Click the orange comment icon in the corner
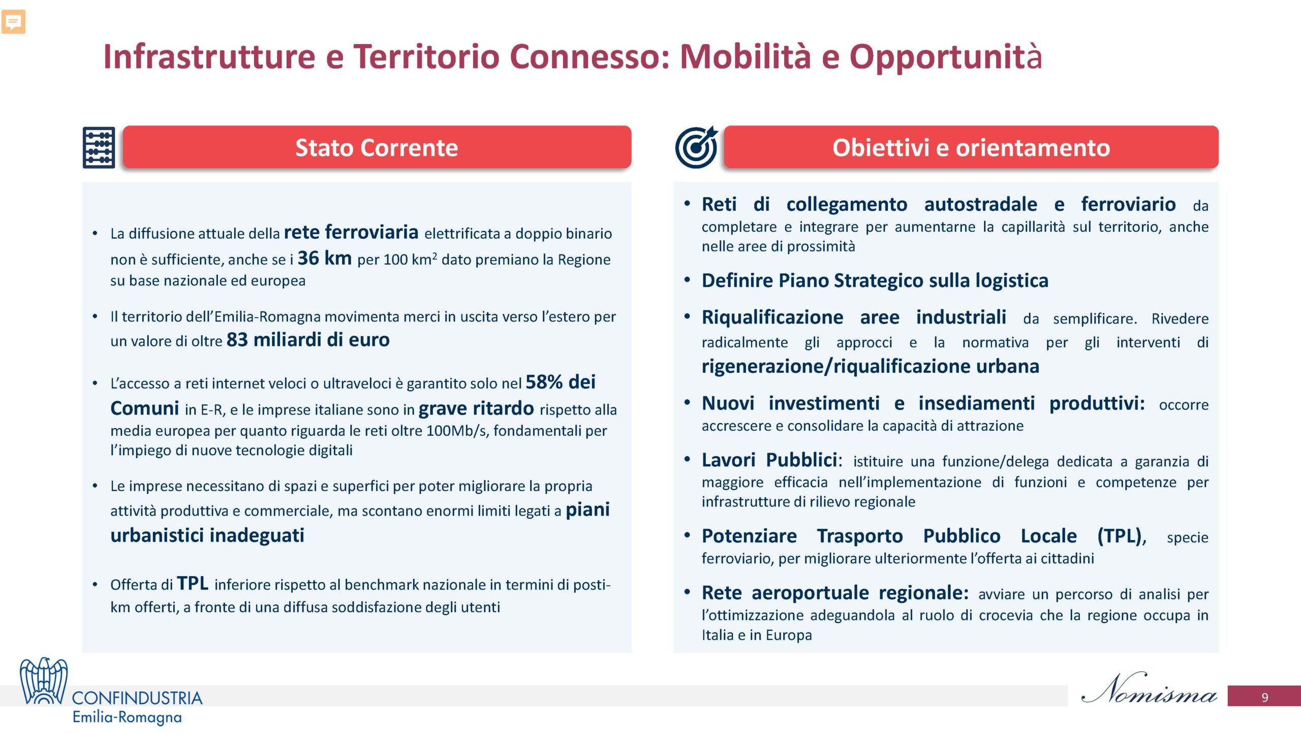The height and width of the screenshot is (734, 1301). (x=13, y=22)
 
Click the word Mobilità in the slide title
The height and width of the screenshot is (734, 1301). (x=745, y=56)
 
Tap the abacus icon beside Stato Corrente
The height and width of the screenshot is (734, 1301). (x=99, y=147)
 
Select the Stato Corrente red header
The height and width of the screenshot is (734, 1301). (x=377, y=147)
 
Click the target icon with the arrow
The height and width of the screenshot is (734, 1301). (x=696, y=147)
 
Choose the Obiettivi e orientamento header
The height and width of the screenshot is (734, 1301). (x=971, y=147)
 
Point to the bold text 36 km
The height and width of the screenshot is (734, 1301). (x=325, y=258)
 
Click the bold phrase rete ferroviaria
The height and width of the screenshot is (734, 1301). (x=351, y=232)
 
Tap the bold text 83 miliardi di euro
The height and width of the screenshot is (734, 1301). (x=308, y=339)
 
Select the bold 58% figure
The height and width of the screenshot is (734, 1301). (x=544, y=382)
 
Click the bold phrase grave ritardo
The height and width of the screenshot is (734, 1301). (x=476, y=408)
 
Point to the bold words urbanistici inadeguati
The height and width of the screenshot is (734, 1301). (x=207, y=535)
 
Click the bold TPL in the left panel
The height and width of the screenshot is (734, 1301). (x=193, y=583)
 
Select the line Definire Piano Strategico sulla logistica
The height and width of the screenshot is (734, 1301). (x=875, y=280)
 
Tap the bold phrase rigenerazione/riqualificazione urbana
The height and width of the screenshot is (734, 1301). (x=871, y=366)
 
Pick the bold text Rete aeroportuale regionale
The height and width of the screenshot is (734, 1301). (x=835, y=593)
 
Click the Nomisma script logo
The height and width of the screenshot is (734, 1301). (x=1150, y=688)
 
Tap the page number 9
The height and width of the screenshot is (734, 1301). (x=1265, y=697)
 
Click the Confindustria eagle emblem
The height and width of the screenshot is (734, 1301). (x=44, y=681)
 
